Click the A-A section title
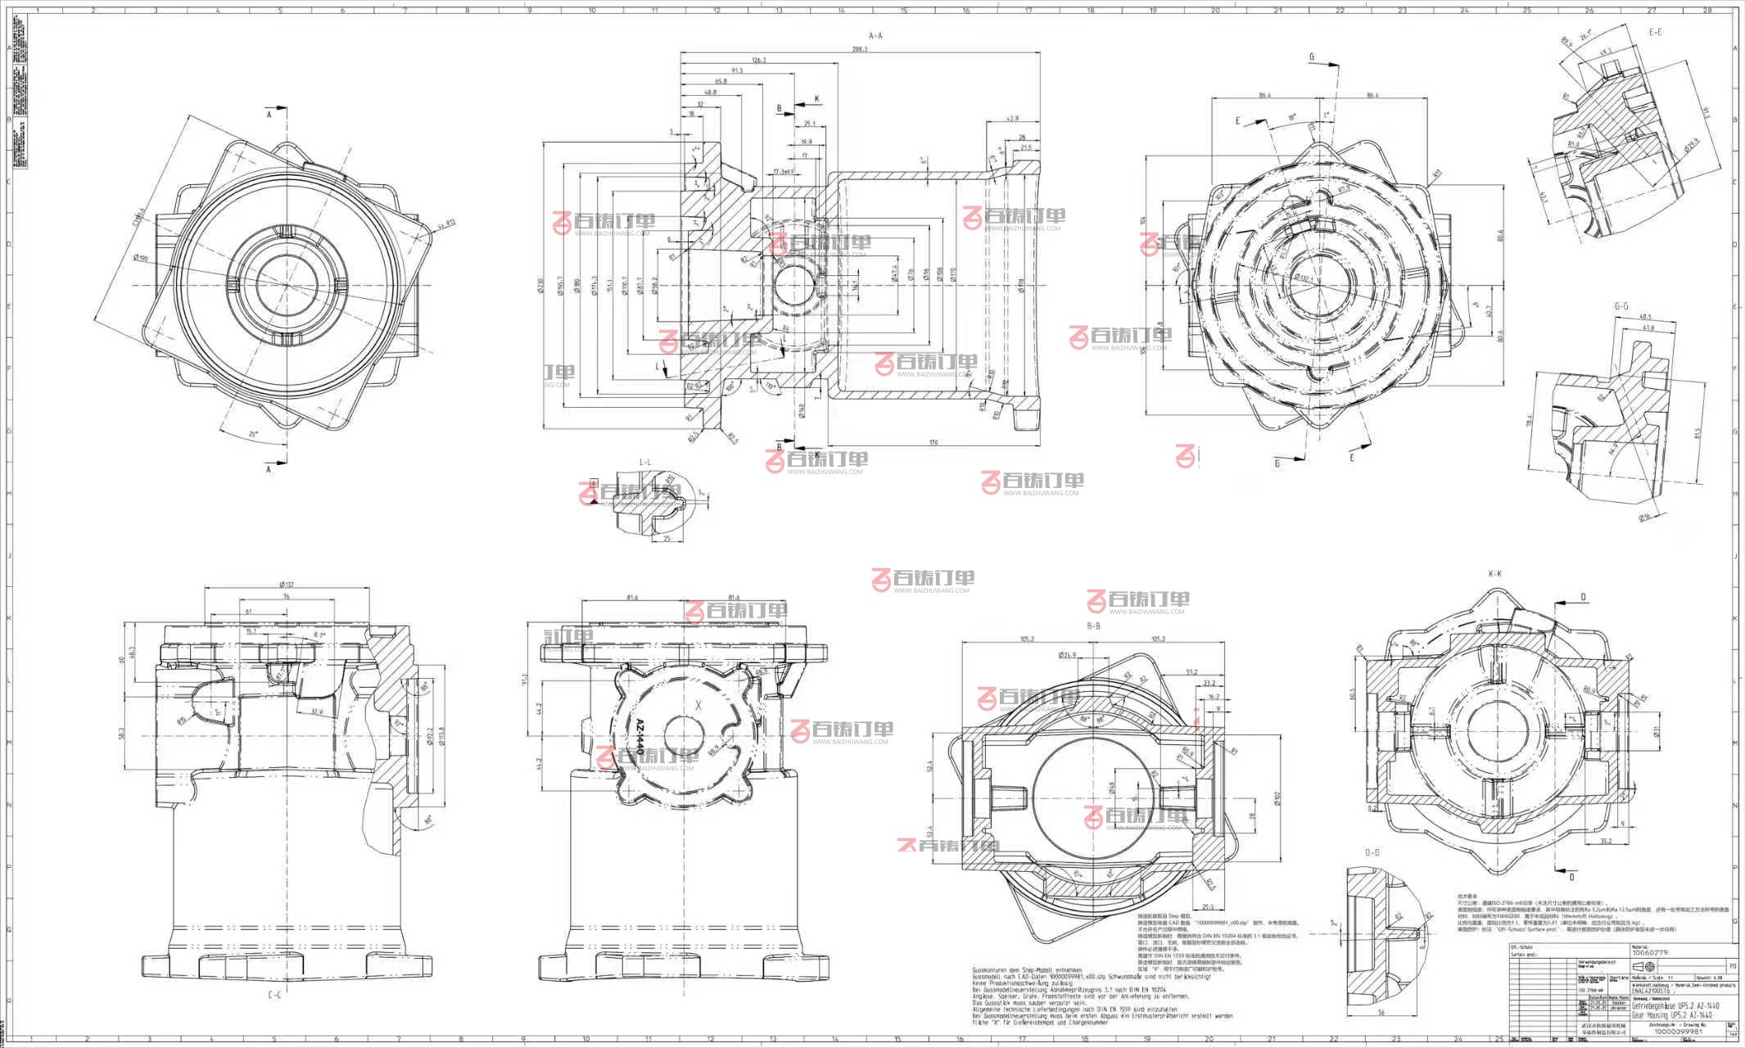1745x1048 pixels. tap(875, 36)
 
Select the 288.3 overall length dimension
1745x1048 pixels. tap(859, 50)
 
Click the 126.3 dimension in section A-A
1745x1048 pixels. tap(758, 61)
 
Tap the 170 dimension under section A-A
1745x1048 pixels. tap(933, 442)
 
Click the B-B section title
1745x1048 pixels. tap(1092, 626)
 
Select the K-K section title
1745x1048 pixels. tap(1494, 574)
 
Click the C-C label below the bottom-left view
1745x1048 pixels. tap(274, 995)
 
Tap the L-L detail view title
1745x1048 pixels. tap(645, 463)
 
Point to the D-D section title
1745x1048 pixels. tap(1372, 852)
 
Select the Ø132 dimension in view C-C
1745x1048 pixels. tap(286, 585)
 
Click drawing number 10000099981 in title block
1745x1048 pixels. tap(1678, 1032)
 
